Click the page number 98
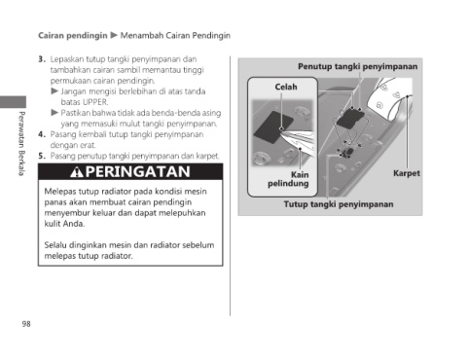pos(26,324)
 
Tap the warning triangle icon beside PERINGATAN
pos(77,172)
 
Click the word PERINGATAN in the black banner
pos(138,171)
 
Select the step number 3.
pos(41,59)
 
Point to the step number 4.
pos(41,134)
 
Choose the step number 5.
pos(41,156)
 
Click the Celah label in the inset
pos(286,87)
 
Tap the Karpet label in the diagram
pos(407,173)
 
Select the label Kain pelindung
pos(288,179)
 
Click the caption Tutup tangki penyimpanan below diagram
pos(339,204)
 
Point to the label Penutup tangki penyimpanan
pos(358,66)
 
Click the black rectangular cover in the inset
pos(273,127)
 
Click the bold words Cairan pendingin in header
pos(73,35)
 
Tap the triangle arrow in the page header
pos(114,35)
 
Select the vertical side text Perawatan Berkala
pos(21,144)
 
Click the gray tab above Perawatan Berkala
pos(13,102)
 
